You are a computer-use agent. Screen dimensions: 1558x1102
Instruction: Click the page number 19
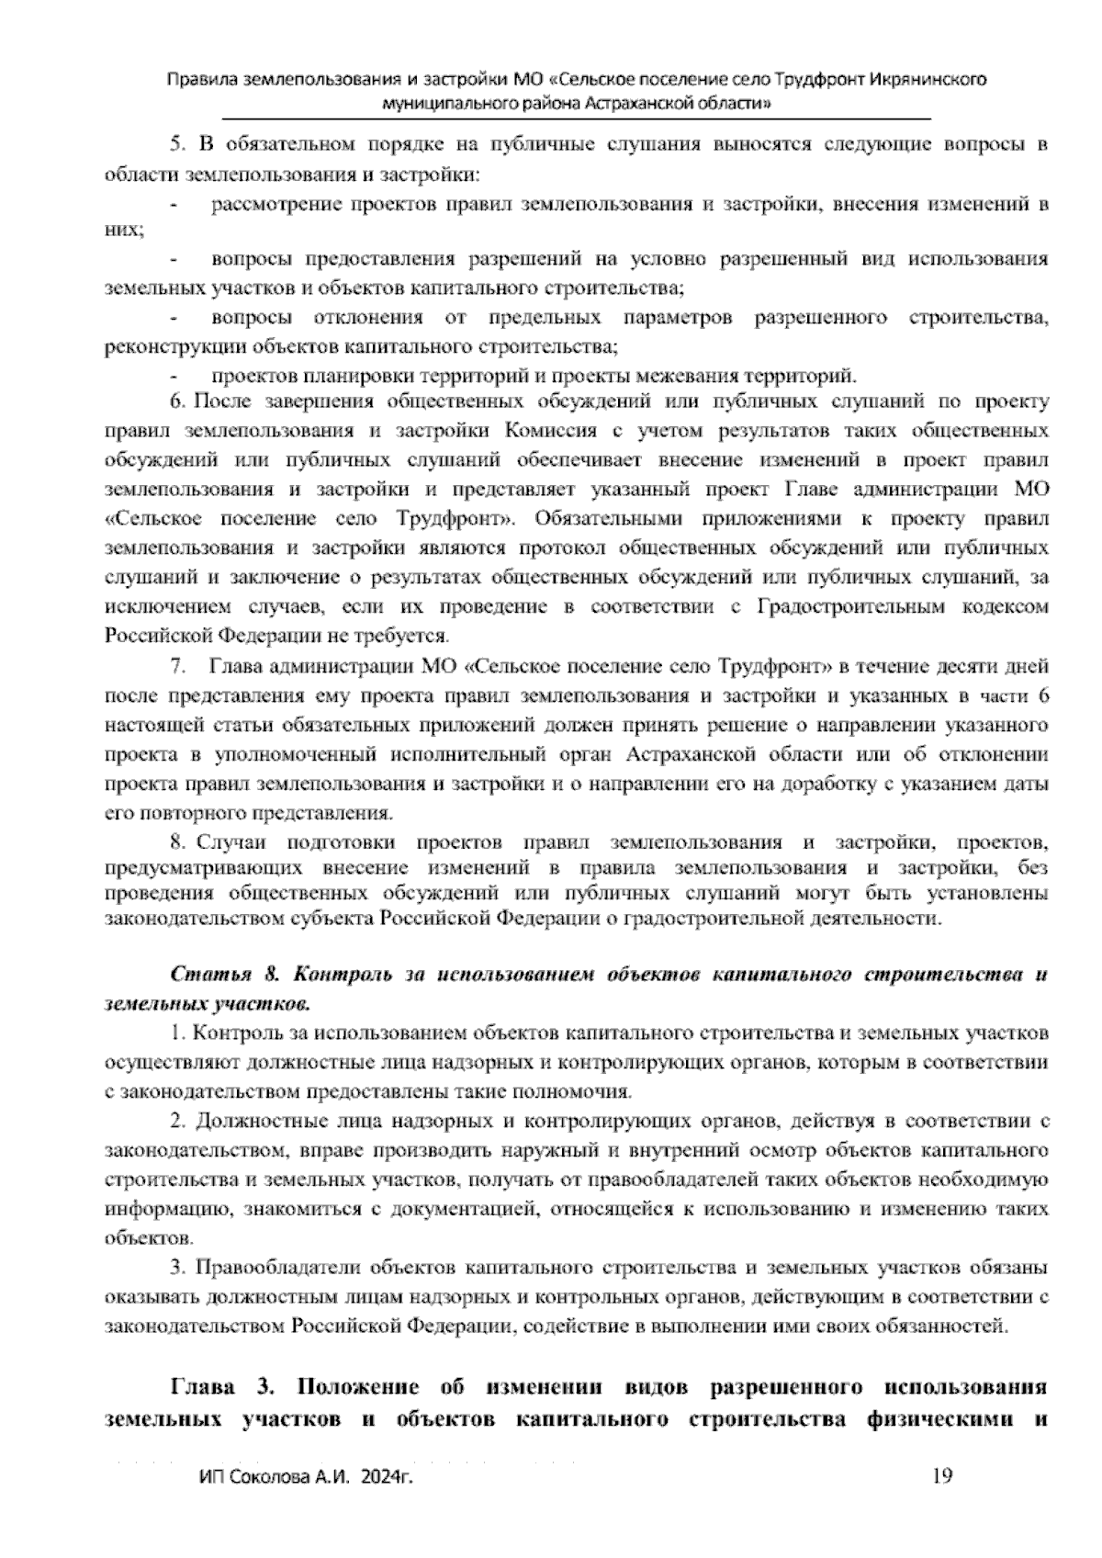[x=942, y=1476]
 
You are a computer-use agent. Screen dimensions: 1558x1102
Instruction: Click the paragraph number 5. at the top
[x=177, y=143]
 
